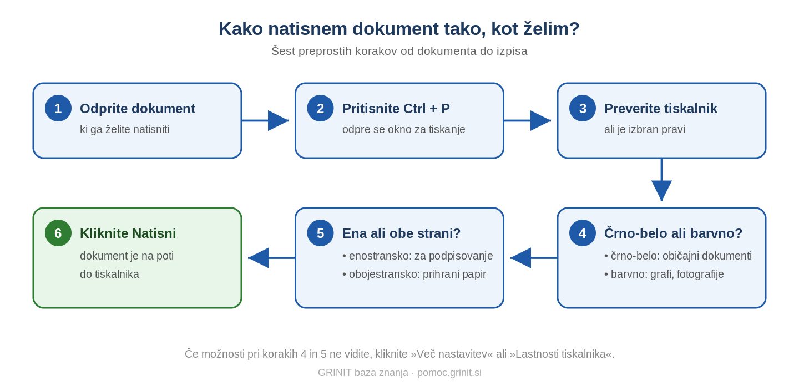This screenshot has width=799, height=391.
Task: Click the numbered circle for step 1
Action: coord(58,108)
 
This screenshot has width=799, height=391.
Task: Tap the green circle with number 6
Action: coord(58,233)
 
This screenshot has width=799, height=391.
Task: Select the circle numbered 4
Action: coord(583,233)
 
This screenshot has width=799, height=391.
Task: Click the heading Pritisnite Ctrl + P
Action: coord(396,109)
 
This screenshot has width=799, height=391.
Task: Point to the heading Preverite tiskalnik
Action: coord(661,109)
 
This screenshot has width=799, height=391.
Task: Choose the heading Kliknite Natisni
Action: coord(128,233)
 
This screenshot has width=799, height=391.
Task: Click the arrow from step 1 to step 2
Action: coord(265,120)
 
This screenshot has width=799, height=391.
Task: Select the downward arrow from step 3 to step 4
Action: coord(661,180)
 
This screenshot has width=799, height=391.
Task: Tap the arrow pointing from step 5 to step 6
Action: coord(271,258)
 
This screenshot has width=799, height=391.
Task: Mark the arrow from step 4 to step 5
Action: coord(534,258)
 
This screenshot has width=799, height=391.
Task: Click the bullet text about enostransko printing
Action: coord(417,256)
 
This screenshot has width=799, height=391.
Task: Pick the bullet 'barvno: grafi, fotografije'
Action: coord(664,274)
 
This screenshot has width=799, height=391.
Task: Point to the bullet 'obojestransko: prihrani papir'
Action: coord(414,274)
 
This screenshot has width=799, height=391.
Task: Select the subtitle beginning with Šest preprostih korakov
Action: coord(399,51)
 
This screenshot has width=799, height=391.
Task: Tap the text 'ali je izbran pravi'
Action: coord(645,129)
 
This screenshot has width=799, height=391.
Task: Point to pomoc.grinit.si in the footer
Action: coord(449,373)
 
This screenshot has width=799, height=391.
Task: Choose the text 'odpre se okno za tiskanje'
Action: coord(404,129)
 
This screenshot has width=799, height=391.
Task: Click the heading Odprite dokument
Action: coord(138,109)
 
